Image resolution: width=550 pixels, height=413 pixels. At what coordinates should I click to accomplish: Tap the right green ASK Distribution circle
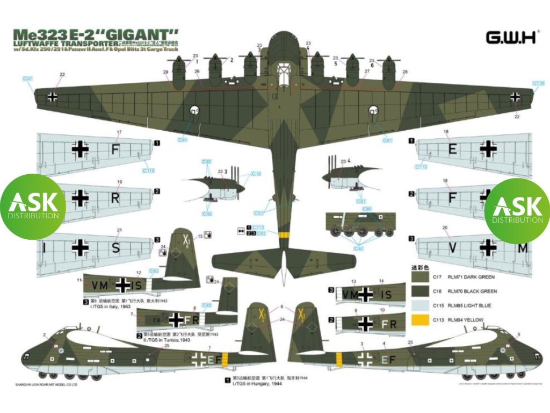(517, 204)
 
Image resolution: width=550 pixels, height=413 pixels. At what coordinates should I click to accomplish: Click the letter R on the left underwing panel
(114, 198)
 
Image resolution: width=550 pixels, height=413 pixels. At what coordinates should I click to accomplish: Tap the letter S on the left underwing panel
(115, 248)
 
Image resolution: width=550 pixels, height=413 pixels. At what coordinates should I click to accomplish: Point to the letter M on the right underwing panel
(523, 248)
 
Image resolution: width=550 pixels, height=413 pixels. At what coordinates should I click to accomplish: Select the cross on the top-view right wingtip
(516, 97)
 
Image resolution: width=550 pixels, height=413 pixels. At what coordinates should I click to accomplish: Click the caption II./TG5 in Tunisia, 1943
(161, 340)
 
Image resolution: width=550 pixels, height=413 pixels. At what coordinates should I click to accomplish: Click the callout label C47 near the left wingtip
(29, 79)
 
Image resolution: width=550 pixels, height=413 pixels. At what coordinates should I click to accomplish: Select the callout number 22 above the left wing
(62, 75)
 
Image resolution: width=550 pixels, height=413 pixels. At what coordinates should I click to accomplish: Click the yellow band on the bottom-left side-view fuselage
(225, 360)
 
